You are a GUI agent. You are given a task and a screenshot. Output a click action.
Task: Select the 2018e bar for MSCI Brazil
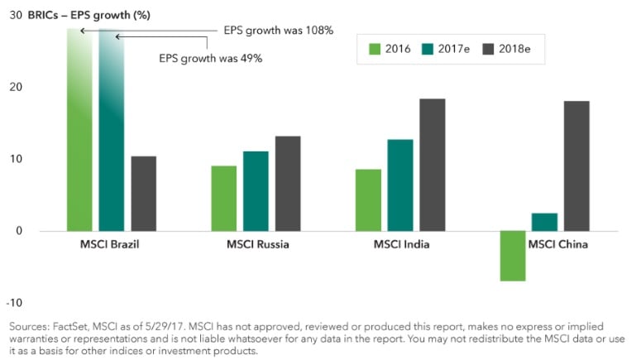tap(143, 194)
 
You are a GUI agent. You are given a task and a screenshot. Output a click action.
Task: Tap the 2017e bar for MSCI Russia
tap(256, 191)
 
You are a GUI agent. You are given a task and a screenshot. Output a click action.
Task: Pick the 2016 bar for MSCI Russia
tap(223, 199)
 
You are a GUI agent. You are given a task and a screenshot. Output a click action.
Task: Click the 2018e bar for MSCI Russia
tap(288, 184)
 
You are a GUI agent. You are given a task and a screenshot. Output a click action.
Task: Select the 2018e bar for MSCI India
tap(432, 165)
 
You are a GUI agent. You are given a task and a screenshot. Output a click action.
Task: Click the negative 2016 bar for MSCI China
tap(513, 256)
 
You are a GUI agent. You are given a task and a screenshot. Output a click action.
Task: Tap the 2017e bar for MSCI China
tap(544, 222)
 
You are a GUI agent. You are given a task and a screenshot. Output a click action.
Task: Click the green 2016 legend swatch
tap(373, 50)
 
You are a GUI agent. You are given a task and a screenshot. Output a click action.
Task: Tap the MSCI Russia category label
tap(258, 245)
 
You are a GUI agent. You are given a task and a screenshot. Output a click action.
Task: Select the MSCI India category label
tap(401, 245)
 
